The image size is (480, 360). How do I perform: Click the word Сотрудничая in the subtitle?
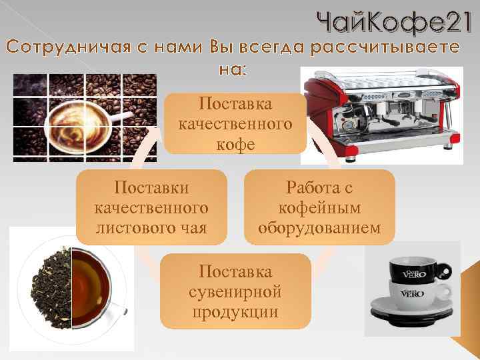[x=60, y=49]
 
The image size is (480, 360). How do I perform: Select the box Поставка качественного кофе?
[x=236, y=123]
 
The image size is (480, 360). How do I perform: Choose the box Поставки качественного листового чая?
[x=151, y=205]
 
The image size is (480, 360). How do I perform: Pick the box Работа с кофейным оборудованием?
[x=320, y=205]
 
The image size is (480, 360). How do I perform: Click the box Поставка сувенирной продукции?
[x=236, y=292]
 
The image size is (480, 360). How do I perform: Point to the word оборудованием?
[x=320, y=228]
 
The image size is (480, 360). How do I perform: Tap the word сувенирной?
[x=236, y=292]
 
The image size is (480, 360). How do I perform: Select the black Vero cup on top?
[x=413, y=271]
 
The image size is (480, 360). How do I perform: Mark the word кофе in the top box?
[x=236, y=144]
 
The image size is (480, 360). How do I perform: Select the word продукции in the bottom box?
[x=236, y=312]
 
